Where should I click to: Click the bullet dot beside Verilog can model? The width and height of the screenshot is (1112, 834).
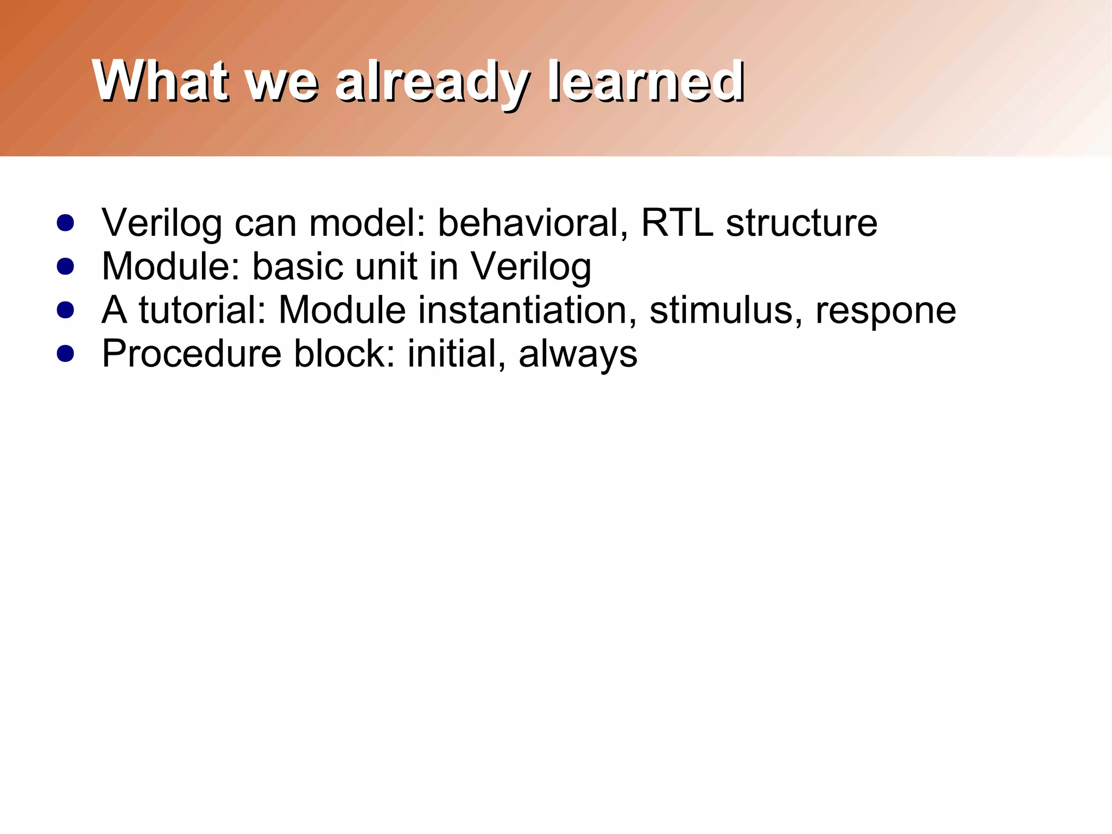[65, 223]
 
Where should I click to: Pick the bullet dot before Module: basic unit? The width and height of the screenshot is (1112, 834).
[65, 266]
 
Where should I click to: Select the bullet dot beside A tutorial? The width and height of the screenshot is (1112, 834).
[65, 310]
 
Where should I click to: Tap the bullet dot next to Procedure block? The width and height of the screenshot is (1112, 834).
[65, 354]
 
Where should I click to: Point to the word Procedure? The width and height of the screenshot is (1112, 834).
[192, 354]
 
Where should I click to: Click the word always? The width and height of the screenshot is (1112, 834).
[578, 356]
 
